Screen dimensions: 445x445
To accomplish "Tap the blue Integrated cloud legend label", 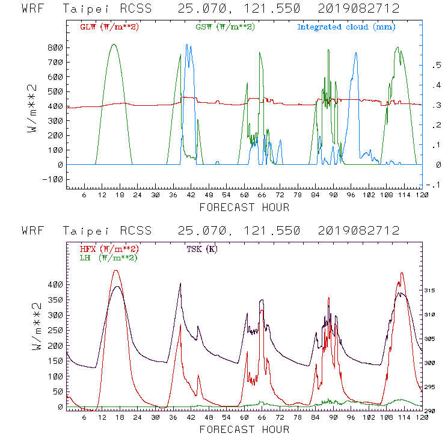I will (x=346, y=27).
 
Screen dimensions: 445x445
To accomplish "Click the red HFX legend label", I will (x=108, y=249).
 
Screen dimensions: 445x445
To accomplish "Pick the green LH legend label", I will (x=108, y=257).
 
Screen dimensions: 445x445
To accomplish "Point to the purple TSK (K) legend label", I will (x=203, y=249).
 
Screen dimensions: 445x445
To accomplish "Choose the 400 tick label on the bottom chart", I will (x=55, y=284).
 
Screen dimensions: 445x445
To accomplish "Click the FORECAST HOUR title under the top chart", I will (x=244, y=207).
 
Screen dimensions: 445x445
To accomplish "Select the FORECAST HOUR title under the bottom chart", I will (x=244, y=429).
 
